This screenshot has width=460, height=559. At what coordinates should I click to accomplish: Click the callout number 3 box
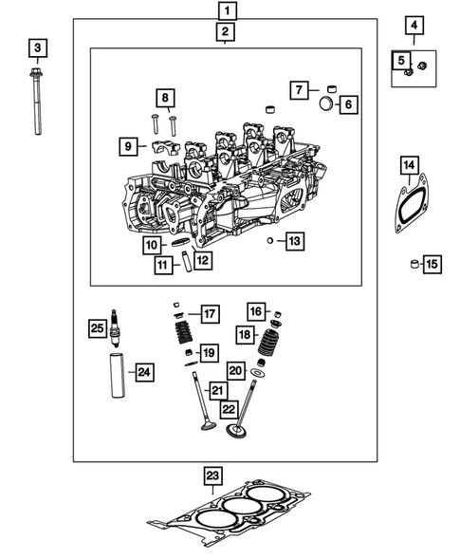click(37, 47)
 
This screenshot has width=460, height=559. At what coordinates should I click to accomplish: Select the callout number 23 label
click(212, 475)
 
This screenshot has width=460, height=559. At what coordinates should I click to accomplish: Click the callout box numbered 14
click(409, 167)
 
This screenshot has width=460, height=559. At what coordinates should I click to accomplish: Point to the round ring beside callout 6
click(324, 103)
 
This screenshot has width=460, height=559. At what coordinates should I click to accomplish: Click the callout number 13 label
click(295, 242)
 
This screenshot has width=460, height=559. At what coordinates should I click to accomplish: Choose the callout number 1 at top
click(226, 12)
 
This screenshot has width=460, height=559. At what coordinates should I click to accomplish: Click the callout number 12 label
click(203, 258)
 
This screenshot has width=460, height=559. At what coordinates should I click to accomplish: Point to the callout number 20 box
click(237, 371)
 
